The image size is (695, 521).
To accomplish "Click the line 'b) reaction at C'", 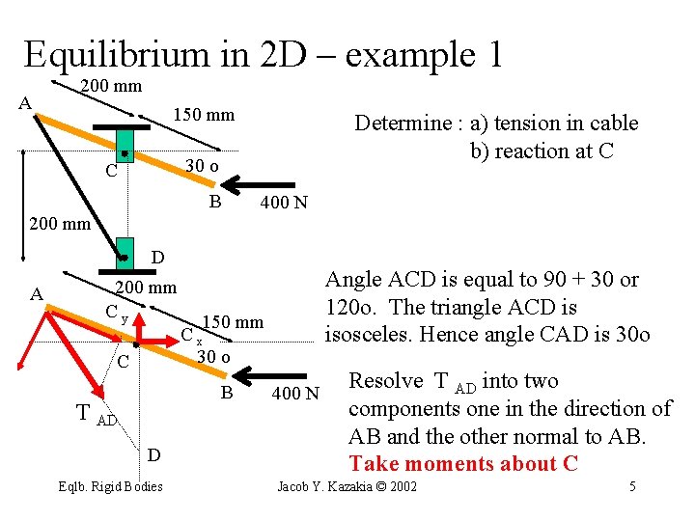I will [542, 151].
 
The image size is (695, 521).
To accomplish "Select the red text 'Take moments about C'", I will [463, 463].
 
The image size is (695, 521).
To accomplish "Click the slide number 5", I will [633, 486].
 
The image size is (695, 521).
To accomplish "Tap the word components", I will [406, 409].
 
